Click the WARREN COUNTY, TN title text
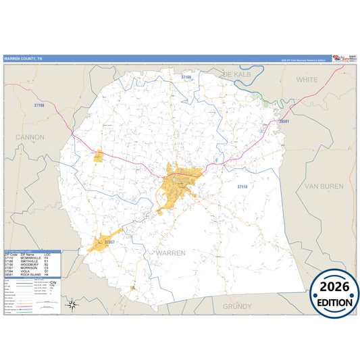point(23,59)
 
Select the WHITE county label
point(307,79)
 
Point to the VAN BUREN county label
point(324,186)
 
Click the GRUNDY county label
point(237,306)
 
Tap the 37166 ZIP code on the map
point(186,78)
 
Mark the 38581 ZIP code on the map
point(284,122)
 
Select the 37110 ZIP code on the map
point(242,186)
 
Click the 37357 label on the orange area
point(111,241)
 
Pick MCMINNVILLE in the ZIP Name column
point(30,257)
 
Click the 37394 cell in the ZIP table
point(9,272)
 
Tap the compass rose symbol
point(70,305)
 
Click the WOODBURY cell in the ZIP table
point(29,264)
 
